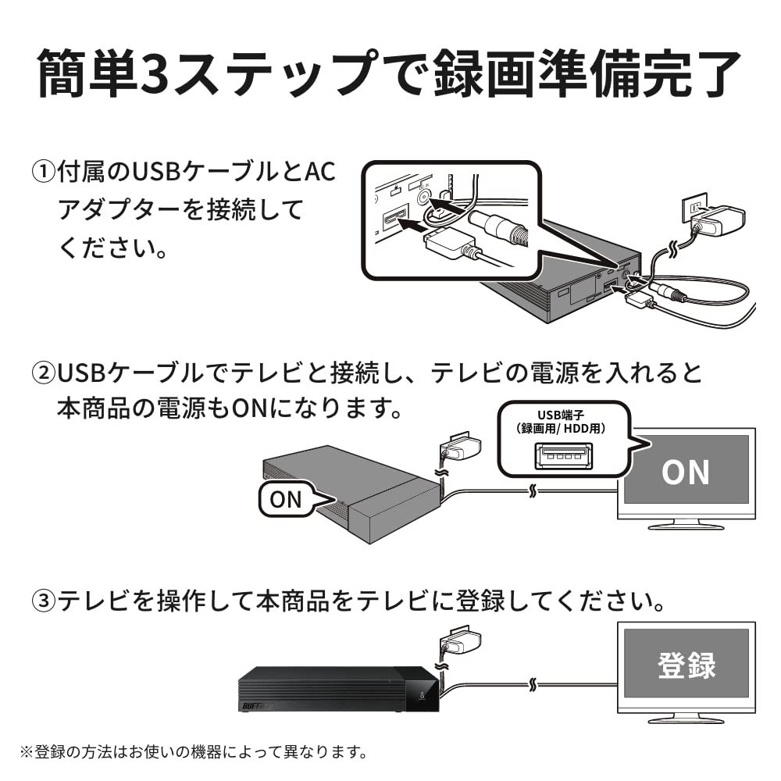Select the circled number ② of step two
pos(43,373)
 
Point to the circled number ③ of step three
pos(45,601)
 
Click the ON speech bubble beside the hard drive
pos(286,500)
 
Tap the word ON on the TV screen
pos(685,473)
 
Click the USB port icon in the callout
pos(558,455)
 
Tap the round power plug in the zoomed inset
pos(505,226)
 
